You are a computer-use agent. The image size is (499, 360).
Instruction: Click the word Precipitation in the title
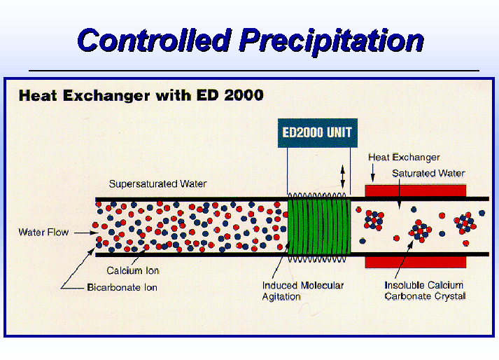click(x=332, y=41)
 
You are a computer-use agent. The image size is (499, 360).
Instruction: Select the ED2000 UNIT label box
click(x=318, y=133)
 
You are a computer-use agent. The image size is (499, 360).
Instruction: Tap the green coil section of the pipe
click(x=319, y=227)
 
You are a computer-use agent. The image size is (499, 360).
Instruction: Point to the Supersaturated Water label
click(x=158, y=184)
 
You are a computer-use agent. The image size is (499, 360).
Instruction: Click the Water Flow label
click(x=43, y=232)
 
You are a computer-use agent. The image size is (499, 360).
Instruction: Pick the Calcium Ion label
click(x=133, y=271)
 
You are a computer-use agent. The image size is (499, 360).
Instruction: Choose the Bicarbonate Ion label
click(x=122, y=287)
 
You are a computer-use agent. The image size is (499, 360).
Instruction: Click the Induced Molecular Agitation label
click(x=303, y=291)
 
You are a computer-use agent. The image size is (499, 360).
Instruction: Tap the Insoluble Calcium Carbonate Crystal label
click(x=425, y=291)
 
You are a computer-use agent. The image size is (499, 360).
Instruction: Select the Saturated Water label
click(x=428, y=173)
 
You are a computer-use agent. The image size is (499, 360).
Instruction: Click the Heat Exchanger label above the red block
click(x=404, y=158)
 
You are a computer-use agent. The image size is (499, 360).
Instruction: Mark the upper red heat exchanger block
click(x=416, y=191)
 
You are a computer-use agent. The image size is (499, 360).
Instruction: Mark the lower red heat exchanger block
click(x=416, y=262)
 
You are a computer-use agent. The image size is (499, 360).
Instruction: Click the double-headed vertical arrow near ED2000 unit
click(x=343, y=176)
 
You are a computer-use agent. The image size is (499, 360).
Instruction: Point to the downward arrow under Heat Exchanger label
click(x=373, y=173)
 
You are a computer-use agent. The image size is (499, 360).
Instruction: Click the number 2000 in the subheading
click(x=244, y=95)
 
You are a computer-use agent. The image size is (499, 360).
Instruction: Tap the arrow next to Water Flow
click(x=86, y=233)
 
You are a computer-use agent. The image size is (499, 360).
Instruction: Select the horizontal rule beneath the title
click(x=254, y=71)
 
